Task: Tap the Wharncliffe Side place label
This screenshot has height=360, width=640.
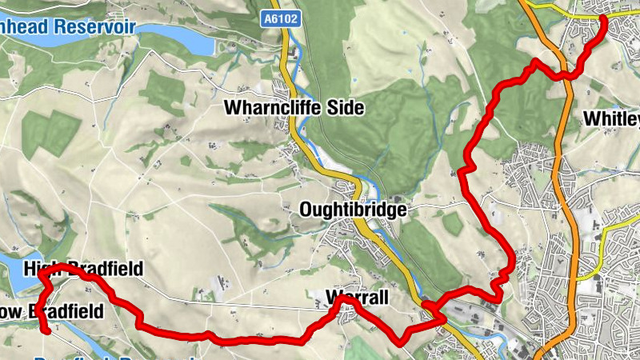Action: click(294, 107)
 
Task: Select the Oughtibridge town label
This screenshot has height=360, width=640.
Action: click(353, 210)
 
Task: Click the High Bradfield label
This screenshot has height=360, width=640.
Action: click(83, 270)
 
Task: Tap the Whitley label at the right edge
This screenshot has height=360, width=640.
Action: click(613, 119)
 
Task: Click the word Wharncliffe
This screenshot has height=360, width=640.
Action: click(272, 107)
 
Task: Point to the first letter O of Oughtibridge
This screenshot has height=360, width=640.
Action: click(306, 210)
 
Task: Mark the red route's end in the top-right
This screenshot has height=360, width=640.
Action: click(602, 19)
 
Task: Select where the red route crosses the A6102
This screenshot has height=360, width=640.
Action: click(430, 306)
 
